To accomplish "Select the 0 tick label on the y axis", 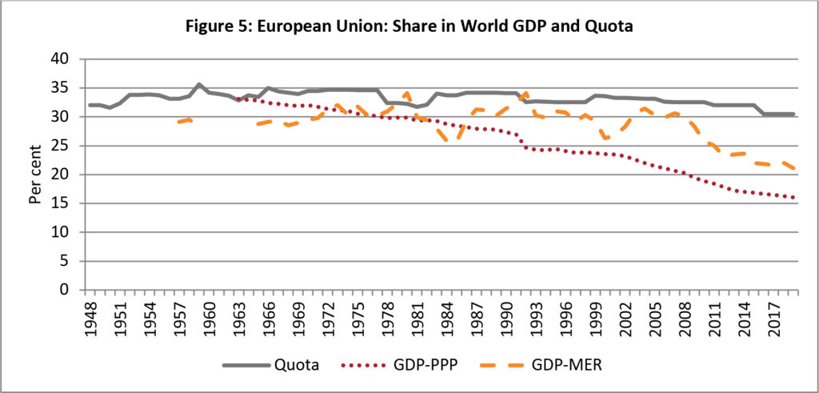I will (x=70, y=290).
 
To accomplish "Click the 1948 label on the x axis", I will (x=94, y=314).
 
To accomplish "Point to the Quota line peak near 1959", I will (x=199, y=84).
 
